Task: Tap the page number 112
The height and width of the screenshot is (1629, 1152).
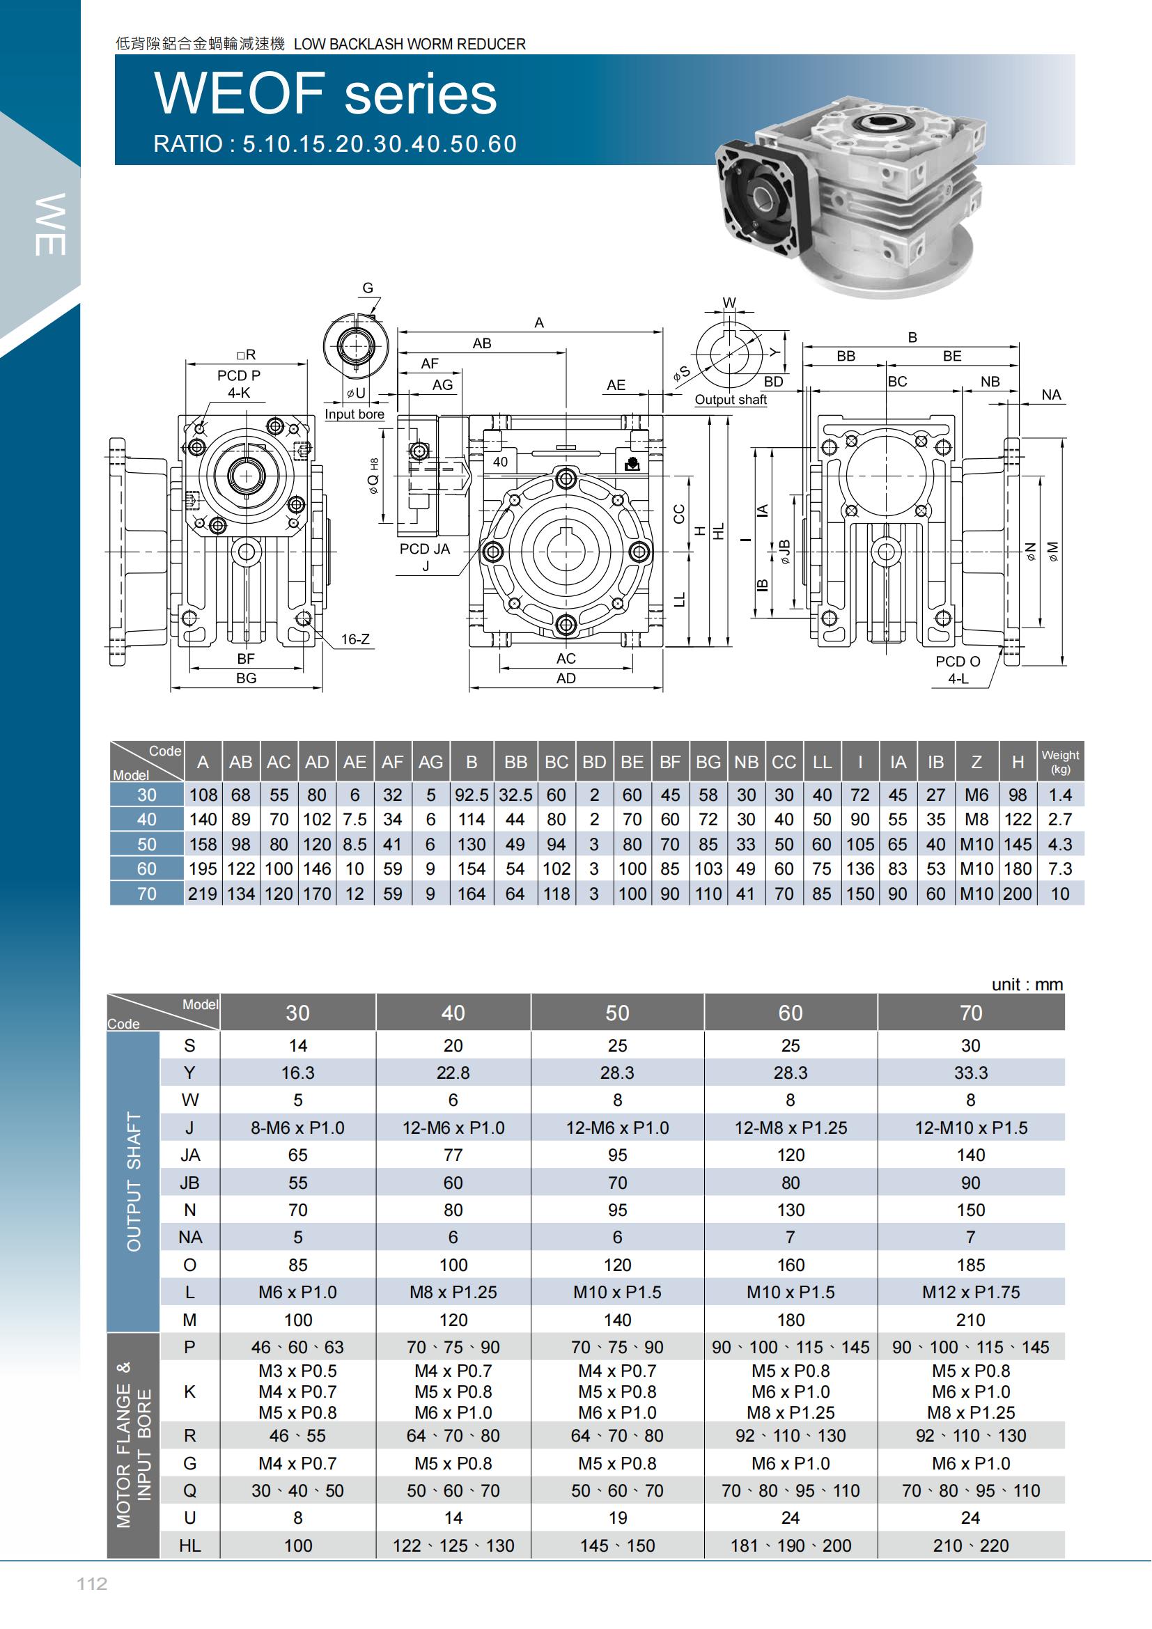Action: coord(92,1584)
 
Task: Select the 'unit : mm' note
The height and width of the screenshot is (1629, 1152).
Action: coord(1027,984)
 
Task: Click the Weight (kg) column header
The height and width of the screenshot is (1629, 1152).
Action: coord(1060,761)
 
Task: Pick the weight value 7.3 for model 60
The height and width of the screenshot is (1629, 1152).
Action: coord(1060,868)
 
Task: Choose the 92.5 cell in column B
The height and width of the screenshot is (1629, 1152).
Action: coord(471,795)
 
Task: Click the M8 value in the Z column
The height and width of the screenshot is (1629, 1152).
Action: coord(976,820)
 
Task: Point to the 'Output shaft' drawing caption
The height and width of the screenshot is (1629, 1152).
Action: coord(730,400)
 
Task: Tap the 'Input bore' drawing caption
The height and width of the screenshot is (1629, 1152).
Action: coord(354,414)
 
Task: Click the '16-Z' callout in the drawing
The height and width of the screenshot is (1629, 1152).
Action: coord(355,639)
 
